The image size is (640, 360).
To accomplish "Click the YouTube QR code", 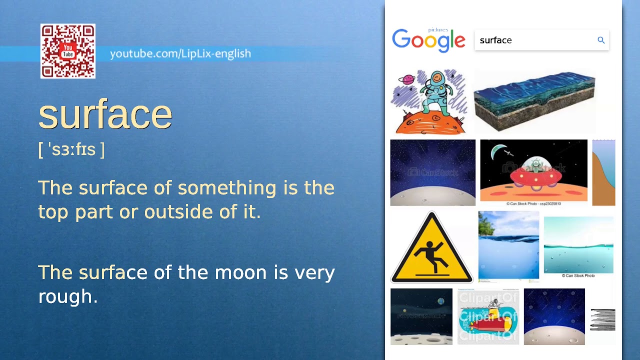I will click(x=68, y=51).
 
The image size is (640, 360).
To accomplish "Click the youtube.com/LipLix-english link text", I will click(x=180, y=53).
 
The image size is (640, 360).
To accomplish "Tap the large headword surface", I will click(x=105, y=114).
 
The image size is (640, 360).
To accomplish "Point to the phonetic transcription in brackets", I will click(x=71, y=149).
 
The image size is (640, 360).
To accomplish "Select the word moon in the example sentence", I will click(x=240, y=273).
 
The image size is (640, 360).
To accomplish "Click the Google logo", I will click(x=428, y=41).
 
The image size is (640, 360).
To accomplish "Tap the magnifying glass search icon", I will click(x=601, y=40).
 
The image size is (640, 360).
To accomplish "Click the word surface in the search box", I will click(x=495, y=40).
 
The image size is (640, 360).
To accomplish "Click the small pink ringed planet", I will click(x=406, y=79).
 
